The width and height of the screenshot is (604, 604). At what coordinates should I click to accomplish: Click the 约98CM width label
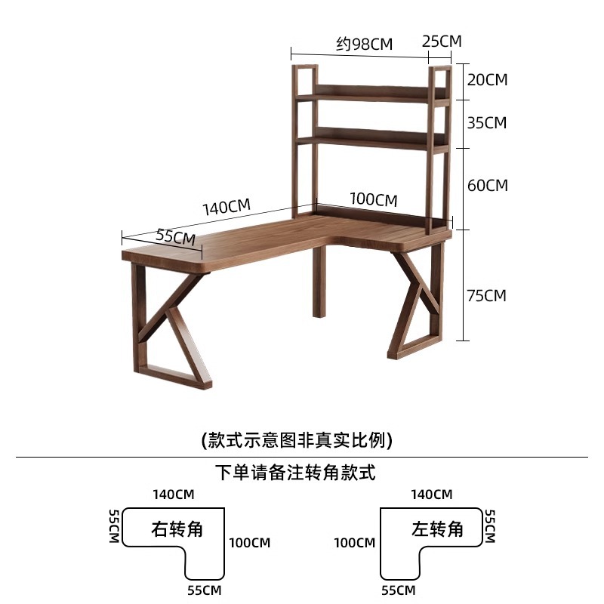(365, 44)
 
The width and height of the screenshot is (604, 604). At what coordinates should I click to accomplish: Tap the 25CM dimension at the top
(441, 41)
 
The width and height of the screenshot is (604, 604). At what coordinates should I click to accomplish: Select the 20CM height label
(487, 79)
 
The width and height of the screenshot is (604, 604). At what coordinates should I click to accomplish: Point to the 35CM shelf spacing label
(487, 122)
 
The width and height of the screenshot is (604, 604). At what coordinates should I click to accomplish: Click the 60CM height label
(487, 185)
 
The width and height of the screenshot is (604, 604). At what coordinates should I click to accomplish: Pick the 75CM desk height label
(487, 295)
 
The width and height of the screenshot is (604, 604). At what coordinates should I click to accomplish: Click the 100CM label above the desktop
(373, 200)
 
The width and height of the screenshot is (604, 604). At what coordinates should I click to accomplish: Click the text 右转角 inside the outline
(177, 528)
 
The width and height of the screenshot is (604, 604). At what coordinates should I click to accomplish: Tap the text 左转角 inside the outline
(437, 528)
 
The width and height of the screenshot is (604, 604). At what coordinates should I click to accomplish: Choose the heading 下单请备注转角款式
(294, 474)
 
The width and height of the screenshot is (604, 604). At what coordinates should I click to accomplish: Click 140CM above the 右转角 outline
(174, 495)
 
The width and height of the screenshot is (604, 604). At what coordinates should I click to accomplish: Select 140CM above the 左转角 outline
(431, 495)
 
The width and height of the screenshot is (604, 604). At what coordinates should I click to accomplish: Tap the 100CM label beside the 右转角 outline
(250, 542)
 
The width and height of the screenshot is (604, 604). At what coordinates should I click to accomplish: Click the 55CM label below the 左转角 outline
(399, 589)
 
